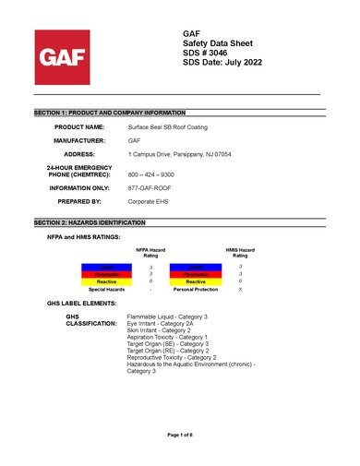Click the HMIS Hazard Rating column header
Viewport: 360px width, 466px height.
pos(240,252)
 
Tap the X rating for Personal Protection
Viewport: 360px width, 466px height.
pos(240,290)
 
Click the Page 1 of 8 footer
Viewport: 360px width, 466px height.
pos(179,434)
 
